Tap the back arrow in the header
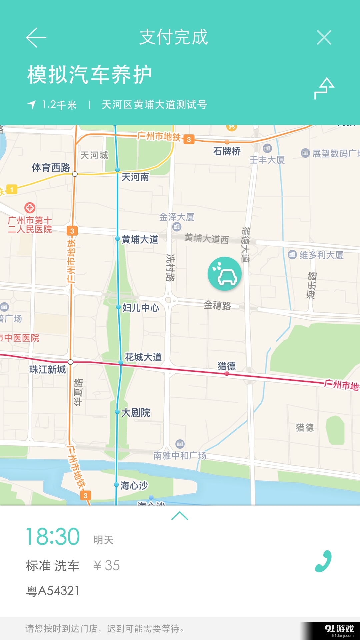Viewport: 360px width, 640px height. point(36,37)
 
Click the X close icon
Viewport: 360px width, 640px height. point(324,37)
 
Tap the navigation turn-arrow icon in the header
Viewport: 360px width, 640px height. point(324,89)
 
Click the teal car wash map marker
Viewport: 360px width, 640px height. point(225,274)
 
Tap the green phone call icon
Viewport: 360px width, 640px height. point(323,561)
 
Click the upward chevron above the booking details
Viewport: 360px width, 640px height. point(180,516)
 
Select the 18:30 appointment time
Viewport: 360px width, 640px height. point(53,537)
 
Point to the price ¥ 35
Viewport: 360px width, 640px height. point(107,565)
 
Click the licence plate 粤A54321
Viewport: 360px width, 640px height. point(53,591)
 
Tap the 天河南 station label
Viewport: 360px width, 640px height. point(135,177)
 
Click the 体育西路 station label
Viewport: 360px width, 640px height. point(51,167)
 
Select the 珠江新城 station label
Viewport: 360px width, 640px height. point(48,369)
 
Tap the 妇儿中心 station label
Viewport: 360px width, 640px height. point(141,308)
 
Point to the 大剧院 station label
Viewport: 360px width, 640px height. point(136,413)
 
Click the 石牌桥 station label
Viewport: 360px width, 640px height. point(227,151)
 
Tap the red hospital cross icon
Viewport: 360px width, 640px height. point(30,208)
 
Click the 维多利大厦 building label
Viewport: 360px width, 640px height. point(321,255)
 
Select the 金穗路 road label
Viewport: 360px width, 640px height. point(217,305)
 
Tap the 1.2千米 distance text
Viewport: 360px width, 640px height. point(59,105)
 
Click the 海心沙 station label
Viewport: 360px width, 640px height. point(134,485)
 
